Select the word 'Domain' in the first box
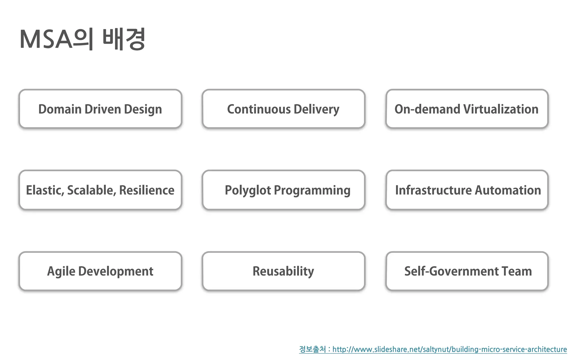[60, 109]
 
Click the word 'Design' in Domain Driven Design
[143, 109]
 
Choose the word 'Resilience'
[147, 190]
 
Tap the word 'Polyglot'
[248, 190]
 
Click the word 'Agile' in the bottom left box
[61, 271]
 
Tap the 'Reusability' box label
[283, 271]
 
